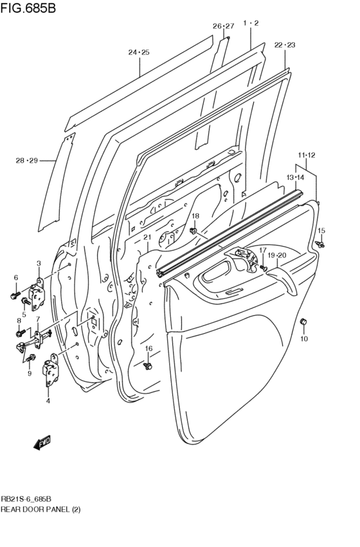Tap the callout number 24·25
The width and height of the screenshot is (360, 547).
click(x=138, y=52)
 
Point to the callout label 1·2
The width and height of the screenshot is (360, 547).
click(x=251, y=23)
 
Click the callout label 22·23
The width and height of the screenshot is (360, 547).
click(x=284, y=45)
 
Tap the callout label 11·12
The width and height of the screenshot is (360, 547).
click(x=306, y=155)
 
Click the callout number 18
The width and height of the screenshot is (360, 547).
click(x=195, y=216)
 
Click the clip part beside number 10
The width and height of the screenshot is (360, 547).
click(x=304, y=321)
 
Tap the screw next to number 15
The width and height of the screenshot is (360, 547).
click(x=320, y=244)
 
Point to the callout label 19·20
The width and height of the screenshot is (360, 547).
click(x=276, y=255)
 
